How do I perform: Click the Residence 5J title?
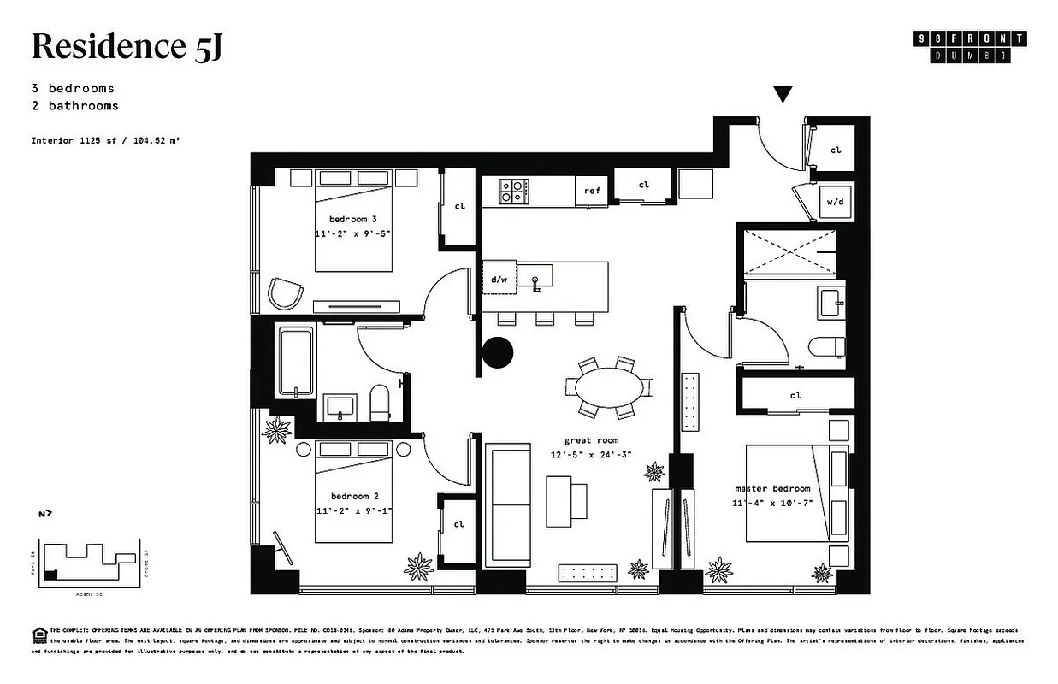[x=127, y=47]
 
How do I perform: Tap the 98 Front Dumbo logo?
[x=970, y=47]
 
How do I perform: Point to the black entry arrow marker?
[x=783, y=94]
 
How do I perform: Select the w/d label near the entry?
[x=834, y=203]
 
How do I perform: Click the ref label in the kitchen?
[x=592, y=192]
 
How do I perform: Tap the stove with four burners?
[x=512, y=191]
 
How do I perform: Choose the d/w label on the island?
[x=499, y=279]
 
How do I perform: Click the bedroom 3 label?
[x=352, y=219]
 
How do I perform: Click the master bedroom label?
[x=771, y=489]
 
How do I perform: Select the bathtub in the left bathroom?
[x=296, y=362]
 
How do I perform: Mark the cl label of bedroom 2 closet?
[x=459, y=524]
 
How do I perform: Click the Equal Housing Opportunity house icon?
[x=38, y=634]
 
